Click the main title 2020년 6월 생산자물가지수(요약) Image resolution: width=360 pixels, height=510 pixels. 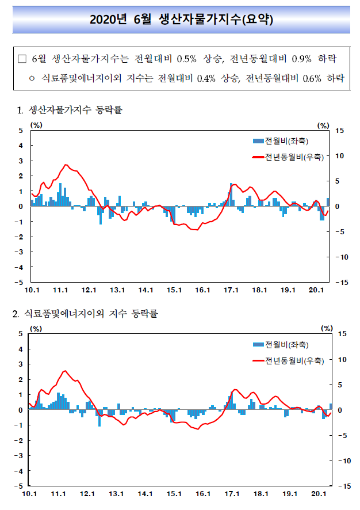pos(181,20)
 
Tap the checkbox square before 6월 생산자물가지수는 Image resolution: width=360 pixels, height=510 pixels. pos(22,59)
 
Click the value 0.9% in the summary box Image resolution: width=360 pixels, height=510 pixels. pos(301,59)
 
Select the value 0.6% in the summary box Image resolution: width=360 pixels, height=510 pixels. pos(312,78)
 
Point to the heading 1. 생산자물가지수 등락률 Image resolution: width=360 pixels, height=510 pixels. pos(70,110)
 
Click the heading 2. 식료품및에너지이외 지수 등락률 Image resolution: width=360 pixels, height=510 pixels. pos(85,314)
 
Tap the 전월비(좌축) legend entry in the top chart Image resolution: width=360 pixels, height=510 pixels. pos(281,141)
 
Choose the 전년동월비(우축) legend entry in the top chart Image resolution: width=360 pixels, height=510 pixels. pos(288,157)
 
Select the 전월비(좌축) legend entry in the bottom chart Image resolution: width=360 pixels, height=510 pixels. pos(281,344)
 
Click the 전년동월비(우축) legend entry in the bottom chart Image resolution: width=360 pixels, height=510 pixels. pos(288,361)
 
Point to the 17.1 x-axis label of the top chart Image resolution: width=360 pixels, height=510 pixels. pos(231,290)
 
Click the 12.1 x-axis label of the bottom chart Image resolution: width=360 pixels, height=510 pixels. pos(87,494)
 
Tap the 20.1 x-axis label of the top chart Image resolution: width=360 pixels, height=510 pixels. pos(316,290)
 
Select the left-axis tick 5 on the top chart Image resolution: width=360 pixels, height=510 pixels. pos(21,131)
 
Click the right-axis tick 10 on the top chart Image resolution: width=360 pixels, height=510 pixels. pos(339,156)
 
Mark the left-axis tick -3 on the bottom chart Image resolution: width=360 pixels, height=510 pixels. pos(18,456)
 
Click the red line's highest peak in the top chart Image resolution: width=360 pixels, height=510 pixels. pos(66,165)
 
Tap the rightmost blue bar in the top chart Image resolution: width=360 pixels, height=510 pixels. pos(328,202)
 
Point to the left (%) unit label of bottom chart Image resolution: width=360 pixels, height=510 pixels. pos(36,329)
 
